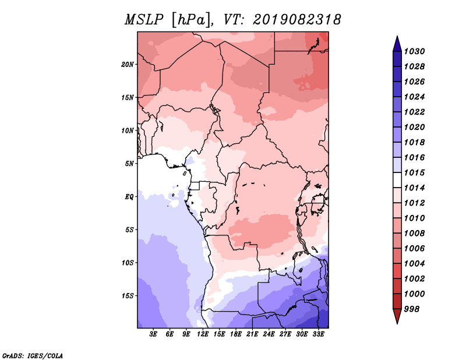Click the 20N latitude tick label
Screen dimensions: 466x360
(128, 65)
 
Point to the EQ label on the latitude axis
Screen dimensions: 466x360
(129, 197)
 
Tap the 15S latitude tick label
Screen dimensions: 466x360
(128, 296)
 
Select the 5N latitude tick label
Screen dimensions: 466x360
(129, 164)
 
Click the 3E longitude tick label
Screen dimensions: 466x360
(153, 334)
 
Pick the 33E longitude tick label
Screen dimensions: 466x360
(318, 334)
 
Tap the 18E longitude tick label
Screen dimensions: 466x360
(236, 334)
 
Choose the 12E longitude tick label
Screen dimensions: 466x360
(203, 334)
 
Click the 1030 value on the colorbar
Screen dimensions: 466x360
(415, 51)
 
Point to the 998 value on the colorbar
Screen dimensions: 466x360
(412, 309)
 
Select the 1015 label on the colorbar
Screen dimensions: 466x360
(415, 172)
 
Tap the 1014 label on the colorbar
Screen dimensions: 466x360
(415, 188)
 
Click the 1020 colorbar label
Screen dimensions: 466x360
(415, 127)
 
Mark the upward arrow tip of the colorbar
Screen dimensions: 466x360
(397, 36)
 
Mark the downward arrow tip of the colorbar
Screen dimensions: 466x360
(397, 324)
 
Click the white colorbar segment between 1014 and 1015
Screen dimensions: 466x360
(397, 180)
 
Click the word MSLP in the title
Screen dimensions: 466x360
(144, 20)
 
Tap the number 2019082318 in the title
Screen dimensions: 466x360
(297, 20)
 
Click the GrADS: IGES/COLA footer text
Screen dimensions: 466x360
(33, 355)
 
